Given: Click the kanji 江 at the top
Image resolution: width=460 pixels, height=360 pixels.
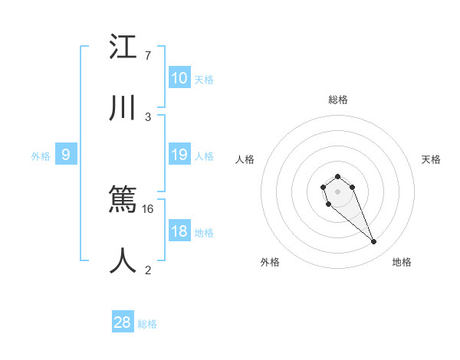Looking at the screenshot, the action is click(123, 47).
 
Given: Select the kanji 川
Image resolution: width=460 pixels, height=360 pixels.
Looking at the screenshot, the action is click(123, 110).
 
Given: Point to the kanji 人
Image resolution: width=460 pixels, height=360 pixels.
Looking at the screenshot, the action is click(123, 261).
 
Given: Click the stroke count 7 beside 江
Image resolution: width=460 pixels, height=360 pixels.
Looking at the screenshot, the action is click(147, 55).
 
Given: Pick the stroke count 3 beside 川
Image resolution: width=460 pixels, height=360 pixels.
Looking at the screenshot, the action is click(147, 116).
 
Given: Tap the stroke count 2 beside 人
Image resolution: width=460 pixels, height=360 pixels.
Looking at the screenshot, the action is click(147, 269).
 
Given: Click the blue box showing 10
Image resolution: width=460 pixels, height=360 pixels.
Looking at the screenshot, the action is click(179, 78).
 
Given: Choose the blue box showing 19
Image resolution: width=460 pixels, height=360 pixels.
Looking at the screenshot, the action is click(179, 155).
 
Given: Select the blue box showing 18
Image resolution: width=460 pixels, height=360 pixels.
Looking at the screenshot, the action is click(179, 232).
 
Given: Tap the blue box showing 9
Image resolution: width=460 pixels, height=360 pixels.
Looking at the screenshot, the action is click(66, 155).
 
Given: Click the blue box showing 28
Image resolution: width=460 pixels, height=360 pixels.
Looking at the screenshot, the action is click(123, 322).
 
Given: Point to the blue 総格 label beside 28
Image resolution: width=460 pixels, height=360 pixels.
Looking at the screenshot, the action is click(147, 324).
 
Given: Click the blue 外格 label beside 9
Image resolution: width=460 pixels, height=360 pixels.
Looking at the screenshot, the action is click(41, 156).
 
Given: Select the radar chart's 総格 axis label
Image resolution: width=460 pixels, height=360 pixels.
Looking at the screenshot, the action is click(337, 100).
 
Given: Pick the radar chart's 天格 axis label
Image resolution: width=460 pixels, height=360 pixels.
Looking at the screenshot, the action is click(431, 159).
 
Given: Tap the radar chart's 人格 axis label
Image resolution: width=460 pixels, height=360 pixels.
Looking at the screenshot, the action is click(245, 159).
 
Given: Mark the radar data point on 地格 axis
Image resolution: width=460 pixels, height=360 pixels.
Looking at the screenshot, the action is click(374, 242).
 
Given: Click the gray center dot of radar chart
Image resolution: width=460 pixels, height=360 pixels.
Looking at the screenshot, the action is click(337, 191).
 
